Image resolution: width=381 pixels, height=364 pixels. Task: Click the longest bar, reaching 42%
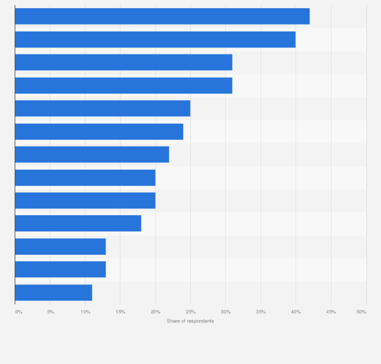click(162, 16)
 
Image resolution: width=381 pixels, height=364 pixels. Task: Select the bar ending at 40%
click(155, 39)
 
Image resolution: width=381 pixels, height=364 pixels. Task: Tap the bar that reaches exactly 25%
click(103, 108)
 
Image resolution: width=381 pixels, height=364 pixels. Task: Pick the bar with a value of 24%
click(99, 131)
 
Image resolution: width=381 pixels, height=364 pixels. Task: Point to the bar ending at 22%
click(92, 154)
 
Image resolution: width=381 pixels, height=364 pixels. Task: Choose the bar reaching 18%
click(78, 223)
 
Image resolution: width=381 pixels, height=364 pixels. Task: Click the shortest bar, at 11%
click(54, 293)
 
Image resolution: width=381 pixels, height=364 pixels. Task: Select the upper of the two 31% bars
click(123, 62)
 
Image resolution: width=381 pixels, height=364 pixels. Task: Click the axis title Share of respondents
click(190, 321)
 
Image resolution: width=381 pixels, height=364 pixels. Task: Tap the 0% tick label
click(19, 312)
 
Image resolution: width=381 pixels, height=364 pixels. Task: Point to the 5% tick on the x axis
click(51, 312)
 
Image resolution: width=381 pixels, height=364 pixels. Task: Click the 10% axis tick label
click(85, 312)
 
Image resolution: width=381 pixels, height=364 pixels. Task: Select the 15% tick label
click(120, 312)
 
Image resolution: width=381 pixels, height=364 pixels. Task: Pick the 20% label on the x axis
click(156, 312)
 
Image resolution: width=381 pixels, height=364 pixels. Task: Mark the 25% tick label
click(190, 312)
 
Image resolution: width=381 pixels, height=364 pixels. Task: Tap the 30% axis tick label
click(225, 312)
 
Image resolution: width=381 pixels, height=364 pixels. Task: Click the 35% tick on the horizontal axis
click(261, 312)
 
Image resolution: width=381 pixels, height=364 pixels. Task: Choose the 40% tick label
click(296, 312)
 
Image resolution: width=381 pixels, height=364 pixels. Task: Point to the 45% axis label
click(330, 312)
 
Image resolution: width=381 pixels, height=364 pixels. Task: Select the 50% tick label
click(361, 312)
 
